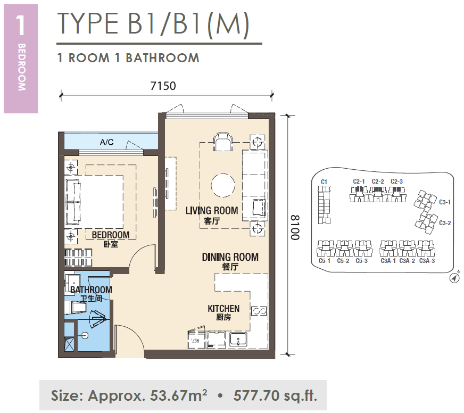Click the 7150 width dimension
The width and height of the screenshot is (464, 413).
tap(163, 86)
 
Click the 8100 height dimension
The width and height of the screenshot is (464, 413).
tap(295, 227)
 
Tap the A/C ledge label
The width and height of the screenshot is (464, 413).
tap(106, 143)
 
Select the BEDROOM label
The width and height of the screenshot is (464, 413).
tap(111, 235)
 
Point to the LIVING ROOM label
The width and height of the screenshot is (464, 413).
tap(212, 211)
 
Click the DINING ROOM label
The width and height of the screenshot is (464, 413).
tap(230, 257)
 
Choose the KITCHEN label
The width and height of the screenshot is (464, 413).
tap(223, 309)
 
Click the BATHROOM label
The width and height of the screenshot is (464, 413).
tap(91, 290)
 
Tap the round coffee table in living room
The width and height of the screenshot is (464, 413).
tap(223, 185)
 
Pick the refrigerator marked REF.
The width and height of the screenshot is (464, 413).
tap(196, 340)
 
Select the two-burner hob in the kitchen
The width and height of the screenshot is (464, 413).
tap(259, 311)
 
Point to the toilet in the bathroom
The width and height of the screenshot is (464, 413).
tap(76, 307)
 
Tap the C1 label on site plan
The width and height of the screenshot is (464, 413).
tap(324, 182)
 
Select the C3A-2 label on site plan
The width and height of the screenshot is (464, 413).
tap(407, 261)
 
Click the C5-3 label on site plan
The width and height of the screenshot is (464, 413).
tap(362, 261)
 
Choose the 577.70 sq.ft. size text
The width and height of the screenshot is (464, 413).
tap(275, 395)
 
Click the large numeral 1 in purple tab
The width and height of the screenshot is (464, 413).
tap(20, 26)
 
